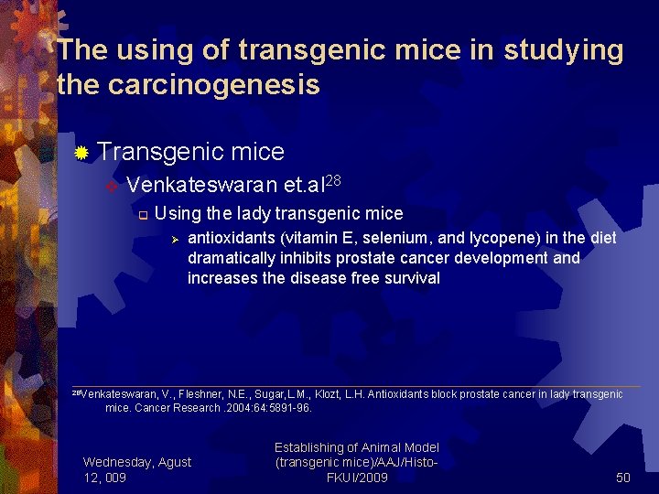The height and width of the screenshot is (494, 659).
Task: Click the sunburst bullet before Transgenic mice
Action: point(81,152)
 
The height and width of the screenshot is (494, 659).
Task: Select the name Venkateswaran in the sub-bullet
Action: point(190,185)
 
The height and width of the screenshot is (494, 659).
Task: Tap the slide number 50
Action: point(623,478)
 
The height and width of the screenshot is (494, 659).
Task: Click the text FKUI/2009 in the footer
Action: point(357,478)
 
